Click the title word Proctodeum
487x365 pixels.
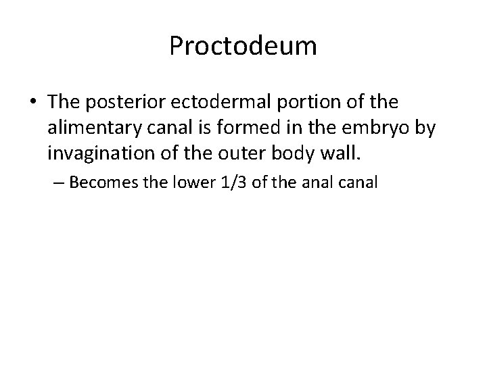[243, 47]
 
